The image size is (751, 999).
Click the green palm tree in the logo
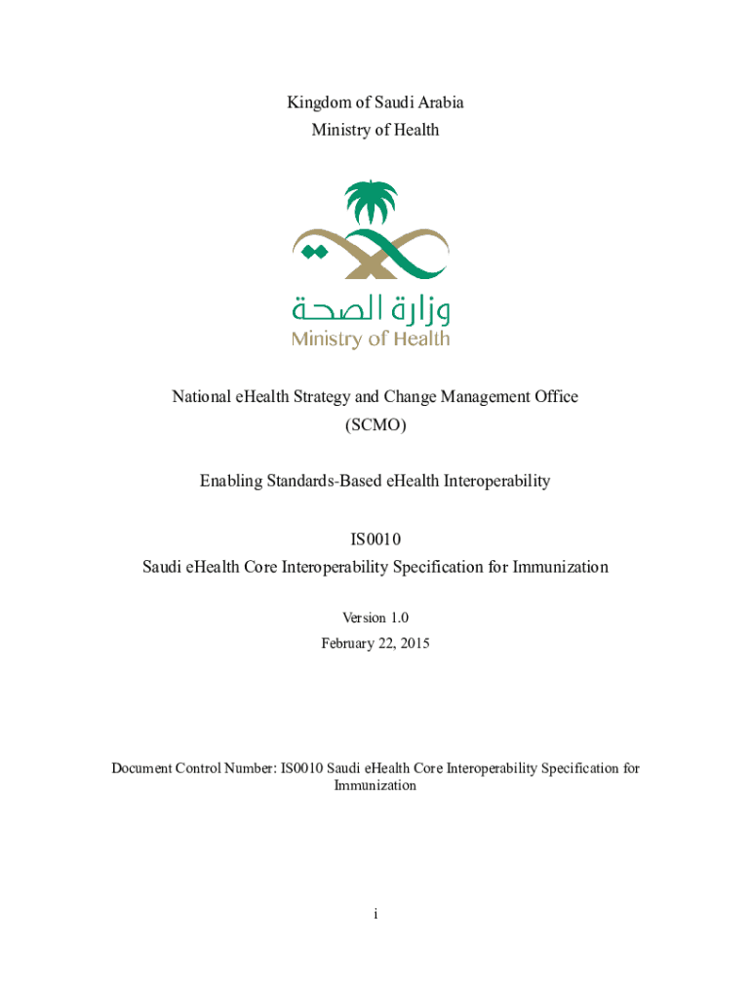pos(372,206)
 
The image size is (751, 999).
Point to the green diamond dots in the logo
pos(313,253)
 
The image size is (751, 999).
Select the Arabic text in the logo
pos(371,309)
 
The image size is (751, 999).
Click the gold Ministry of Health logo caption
pos(371,340)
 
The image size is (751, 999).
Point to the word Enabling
pos(230,481)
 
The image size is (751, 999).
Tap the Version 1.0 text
pos(375,618)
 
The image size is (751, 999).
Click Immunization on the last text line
pos(375,785)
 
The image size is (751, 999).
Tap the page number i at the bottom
pos(375,914)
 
